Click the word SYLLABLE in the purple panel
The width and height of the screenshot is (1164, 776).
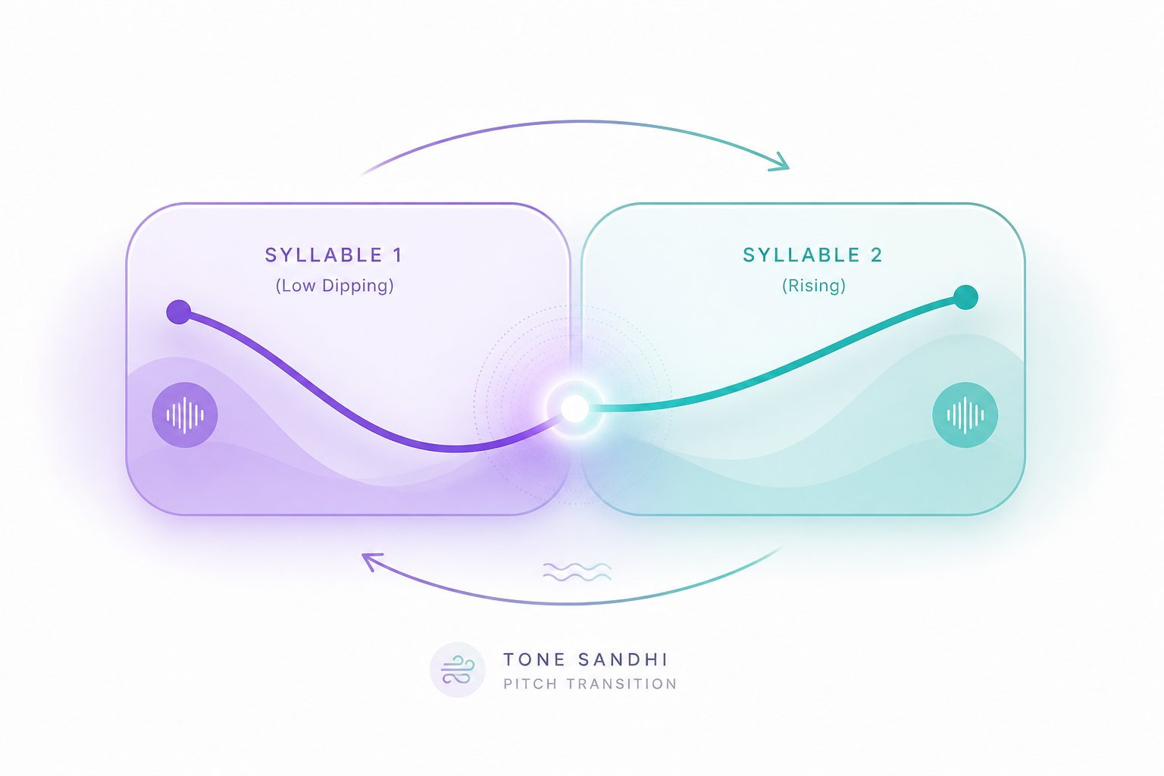coord(324,255)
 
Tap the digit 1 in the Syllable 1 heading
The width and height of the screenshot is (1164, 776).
coord(398,255)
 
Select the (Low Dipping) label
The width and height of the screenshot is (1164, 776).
coord(335,286)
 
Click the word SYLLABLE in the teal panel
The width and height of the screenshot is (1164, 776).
coord(801,255)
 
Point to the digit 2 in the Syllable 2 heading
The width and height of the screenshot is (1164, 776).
coord(877,255)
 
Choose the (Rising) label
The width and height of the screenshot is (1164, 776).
coord(814,286)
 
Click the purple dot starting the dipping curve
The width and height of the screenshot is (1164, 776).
coord(179,312)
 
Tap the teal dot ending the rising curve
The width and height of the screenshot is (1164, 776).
coord(966,297)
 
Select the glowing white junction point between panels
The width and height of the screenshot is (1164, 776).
coord(574,408)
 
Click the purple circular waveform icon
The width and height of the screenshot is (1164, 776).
coord(185,415)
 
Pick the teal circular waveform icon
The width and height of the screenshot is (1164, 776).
coord(965,415)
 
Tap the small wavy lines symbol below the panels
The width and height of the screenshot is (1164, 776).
coord(577,571)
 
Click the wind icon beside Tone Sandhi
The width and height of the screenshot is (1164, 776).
coord(457,669)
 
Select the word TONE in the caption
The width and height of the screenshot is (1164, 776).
coord(534,659)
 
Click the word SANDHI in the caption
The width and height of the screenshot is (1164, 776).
coord(622,659)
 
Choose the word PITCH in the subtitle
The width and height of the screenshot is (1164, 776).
coord(530,684)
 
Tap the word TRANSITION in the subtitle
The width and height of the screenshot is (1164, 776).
coord(621,684)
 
